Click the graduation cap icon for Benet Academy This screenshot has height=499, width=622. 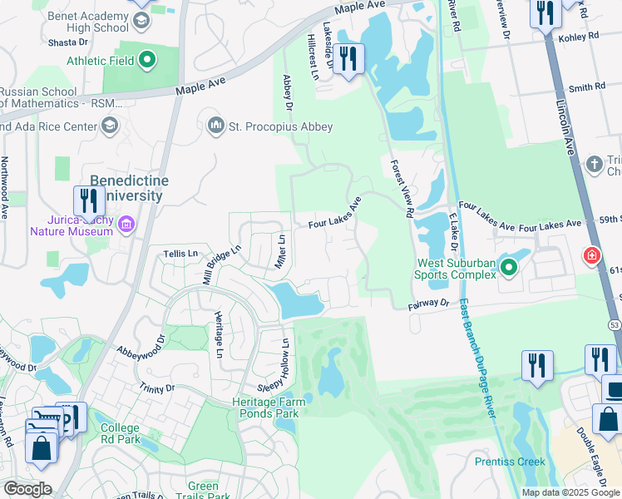pyautogui.click(x=141, y=17)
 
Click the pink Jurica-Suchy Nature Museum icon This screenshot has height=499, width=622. pyautogui.click(x=126, y=224)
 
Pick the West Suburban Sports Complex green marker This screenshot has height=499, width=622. pyautogui.click(x=510, y=266)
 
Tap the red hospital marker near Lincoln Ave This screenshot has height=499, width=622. pyautogui.click(x=592, y=254)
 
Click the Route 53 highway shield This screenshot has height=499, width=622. pyautogui.click(x=614, y=324)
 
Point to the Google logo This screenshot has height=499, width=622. pyautogui.click(x=27, y=488)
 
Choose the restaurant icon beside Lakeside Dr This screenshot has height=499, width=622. pyautogui.click(x=349, y=58)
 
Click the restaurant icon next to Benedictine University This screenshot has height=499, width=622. pyautogui.click(x=88, y=200)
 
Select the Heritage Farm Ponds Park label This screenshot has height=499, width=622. pyautogui.click(x=269, y=408)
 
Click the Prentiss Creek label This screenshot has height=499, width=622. pyautogui.click(x=510, y=462)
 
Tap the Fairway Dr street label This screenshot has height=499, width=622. pyautogui.click(x=428, y=305)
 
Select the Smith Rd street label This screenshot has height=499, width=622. pyautogui.click(x=587, y=86)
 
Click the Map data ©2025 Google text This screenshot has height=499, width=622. pyautogui.click(x=570, y=492)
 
